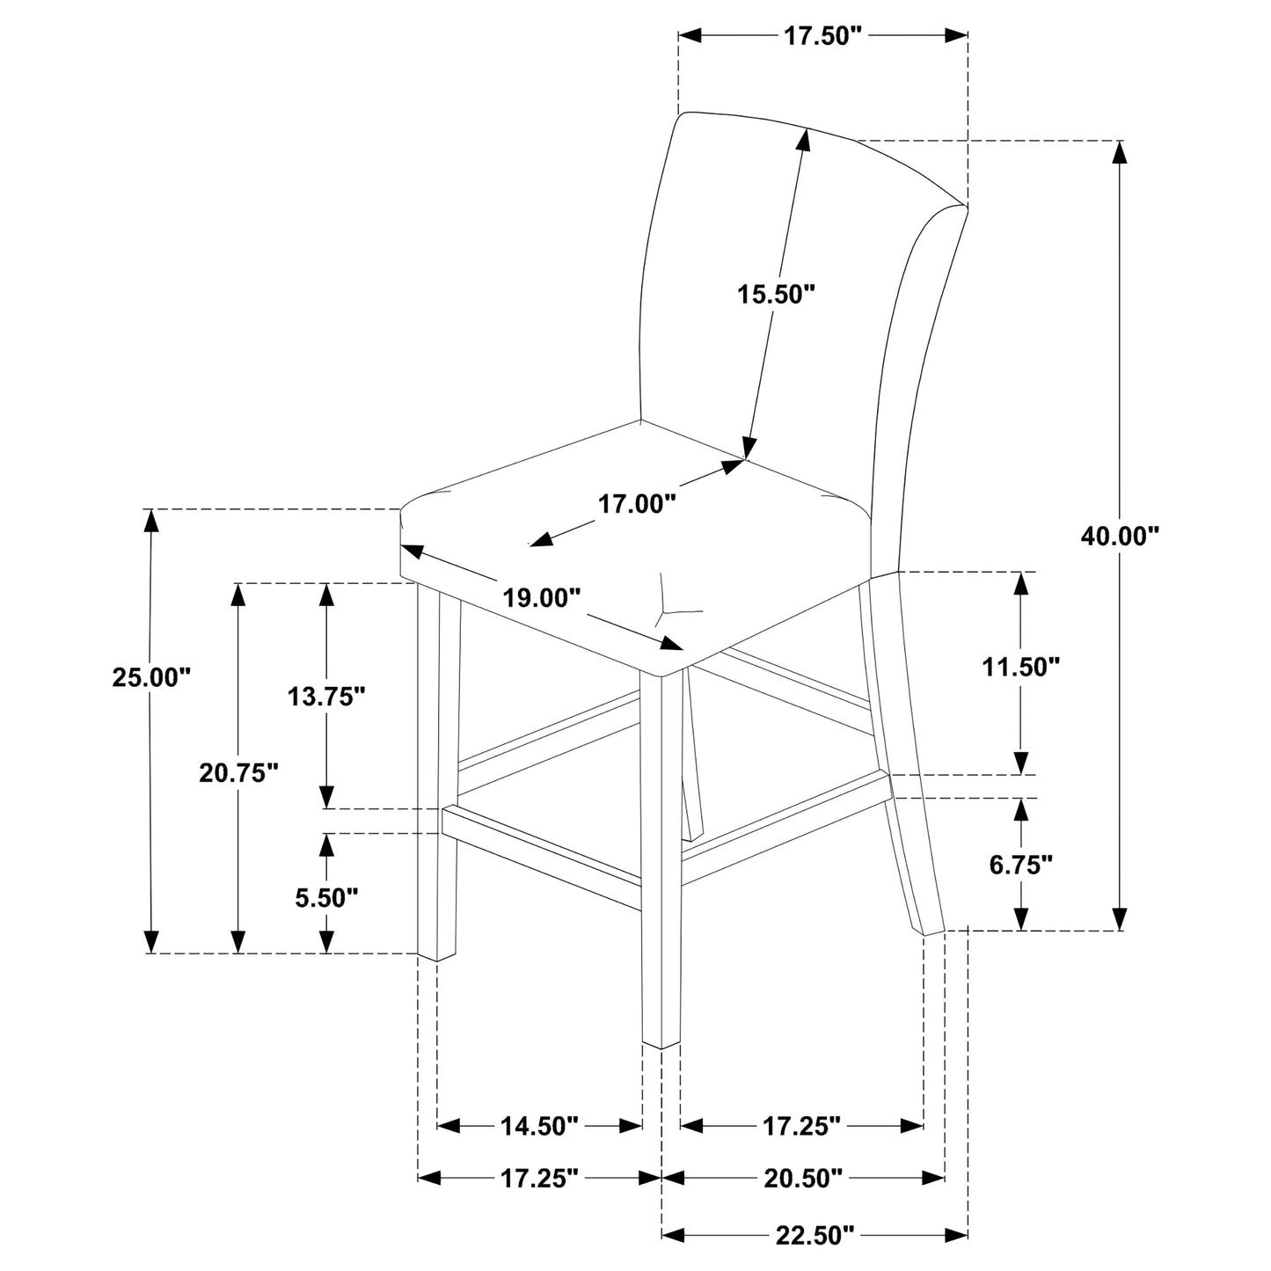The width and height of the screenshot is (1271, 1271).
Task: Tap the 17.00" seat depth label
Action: tap(637, 504)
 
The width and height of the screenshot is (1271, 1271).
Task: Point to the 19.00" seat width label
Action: tap(542, 598)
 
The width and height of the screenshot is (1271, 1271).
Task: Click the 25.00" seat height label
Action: tap(151, 677)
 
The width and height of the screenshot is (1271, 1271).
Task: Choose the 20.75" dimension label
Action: tap(238, 773)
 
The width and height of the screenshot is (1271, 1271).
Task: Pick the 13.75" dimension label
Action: tap(326, 697)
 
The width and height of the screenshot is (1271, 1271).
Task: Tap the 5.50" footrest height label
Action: tap(326, 897)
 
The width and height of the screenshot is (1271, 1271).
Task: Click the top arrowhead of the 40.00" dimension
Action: tap(1120, 152)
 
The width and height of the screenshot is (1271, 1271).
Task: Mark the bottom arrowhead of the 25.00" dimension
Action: tap(151, 941)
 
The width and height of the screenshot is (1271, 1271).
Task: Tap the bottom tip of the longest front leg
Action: tap(661, 1046)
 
